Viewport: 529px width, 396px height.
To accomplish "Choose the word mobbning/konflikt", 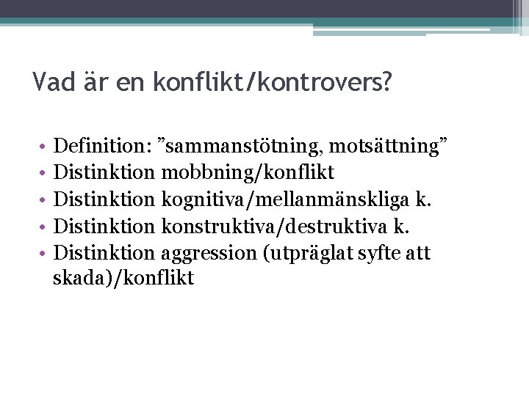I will pos(248,172).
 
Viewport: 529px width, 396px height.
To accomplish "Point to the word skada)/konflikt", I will pos(124,279).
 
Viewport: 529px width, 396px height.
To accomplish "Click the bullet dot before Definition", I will pos(43,147).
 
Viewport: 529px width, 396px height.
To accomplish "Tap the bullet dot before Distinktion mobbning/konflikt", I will pos(43,173).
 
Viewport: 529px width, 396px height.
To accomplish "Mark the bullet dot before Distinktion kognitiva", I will pos(43,200).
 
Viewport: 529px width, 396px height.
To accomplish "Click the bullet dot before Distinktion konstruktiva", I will pos(43,227).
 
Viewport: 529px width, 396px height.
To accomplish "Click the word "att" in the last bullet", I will pos(417,254).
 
